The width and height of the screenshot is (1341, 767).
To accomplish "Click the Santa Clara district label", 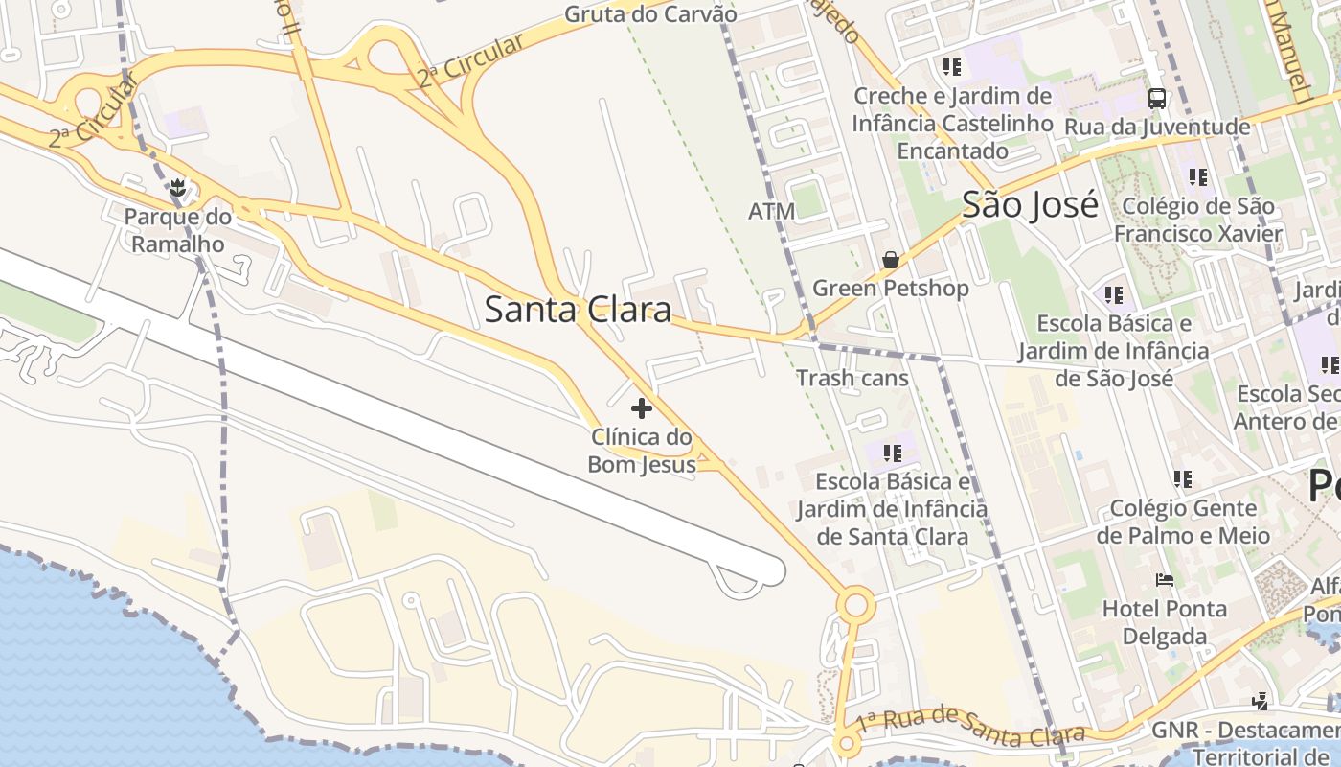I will point(578,310).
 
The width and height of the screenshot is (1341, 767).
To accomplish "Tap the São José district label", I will point(1030,204).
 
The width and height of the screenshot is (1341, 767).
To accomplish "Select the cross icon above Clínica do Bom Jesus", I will point(642,409).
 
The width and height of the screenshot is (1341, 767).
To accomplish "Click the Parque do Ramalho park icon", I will point(176,188).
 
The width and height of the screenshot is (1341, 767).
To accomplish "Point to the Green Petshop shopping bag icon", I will point(891,259).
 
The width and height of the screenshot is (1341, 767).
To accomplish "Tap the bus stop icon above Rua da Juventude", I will point(1157,98).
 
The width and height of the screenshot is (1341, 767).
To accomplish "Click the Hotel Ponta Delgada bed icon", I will point(1165,580).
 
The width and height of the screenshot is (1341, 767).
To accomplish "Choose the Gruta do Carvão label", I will point(650,14).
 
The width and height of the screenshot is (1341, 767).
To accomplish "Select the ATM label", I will point(771,211).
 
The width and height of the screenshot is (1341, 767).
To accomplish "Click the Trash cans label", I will point(852,378).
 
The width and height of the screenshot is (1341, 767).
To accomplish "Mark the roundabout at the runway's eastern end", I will point(855,606).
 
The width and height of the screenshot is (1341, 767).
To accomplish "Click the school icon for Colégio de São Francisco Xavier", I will point(1197,177).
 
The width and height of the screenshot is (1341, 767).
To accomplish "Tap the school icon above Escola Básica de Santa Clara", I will point(893,453).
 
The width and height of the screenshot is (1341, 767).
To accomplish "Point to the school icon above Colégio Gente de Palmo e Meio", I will point(1183,478).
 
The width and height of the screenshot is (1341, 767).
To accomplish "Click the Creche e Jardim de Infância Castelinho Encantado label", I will point(952,123).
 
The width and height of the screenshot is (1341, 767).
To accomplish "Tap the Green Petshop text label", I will point(891,288).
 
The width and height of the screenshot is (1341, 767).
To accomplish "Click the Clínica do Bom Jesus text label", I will point(642,451).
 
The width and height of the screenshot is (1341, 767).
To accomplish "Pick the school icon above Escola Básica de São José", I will point(1113,295).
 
